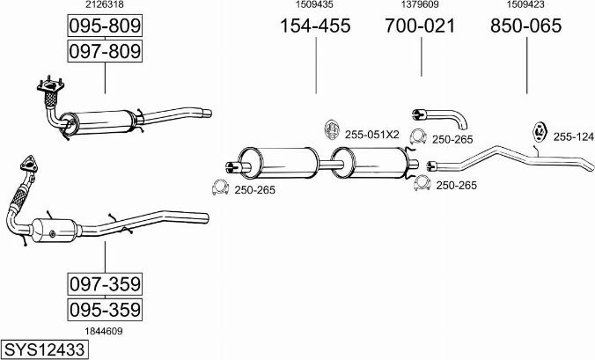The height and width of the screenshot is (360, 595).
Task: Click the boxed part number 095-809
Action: tap(105, 26)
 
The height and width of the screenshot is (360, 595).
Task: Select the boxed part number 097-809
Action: tap(105, 51)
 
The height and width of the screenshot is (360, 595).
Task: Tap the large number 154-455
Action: tap(315, 26)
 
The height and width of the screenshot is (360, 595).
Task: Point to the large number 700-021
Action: tap(420, 26)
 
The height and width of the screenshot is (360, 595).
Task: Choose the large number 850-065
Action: tap(526, 26)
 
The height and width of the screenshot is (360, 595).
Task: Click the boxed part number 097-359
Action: tap(105, 283)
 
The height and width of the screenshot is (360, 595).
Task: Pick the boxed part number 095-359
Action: tap(105, 310)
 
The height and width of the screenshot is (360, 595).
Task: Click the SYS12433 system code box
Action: tap(44, 349)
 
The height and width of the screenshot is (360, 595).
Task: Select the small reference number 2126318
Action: tap(104, 4)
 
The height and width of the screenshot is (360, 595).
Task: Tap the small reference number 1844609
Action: tap(104, 331)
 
